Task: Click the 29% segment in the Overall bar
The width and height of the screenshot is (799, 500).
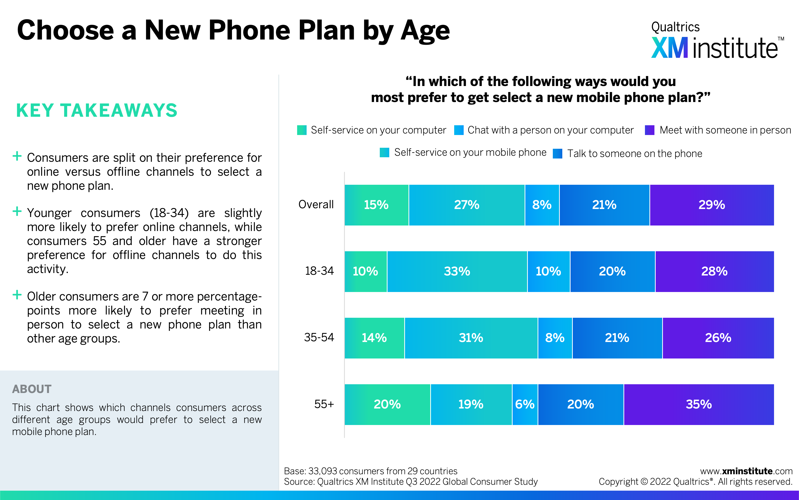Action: tap(712, 205)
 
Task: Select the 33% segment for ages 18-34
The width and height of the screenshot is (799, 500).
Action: tap(457, 271)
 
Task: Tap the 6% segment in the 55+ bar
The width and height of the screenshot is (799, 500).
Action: tap(525, 404)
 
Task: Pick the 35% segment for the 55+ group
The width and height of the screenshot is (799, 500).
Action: tap(699, 404)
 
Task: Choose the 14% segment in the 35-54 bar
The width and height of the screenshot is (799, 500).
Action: tap(375, 338)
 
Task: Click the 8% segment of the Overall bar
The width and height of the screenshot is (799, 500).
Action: tap(542, 205)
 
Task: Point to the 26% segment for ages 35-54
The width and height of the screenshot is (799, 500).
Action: tap(718, 338)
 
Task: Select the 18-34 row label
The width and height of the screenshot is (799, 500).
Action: tap(319, 271)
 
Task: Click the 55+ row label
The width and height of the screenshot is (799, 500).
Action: tap(324, 404)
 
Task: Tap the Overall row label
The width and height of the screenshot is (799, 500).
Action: tap(316, 204)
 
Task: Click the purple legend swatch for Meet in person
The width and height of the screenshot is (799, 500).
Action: tap(649, 130)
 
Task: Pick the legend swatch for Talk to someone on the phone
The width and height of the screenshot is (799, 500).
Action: tap(558, 153)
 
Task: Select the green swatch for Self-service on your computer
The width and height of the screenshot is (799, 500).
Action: tap(302, 130)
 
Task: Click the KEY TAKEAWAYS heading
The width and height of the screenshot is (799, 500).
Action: tap(97, 110)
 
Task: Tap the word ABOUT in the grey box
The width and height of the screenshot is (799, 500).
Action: tap(32, 389)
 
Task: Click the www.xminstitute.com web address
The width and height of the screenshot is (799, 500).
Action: tap(746, 471)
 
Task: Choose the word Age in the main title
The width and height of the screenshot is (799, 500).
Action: tap(425, 32)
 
